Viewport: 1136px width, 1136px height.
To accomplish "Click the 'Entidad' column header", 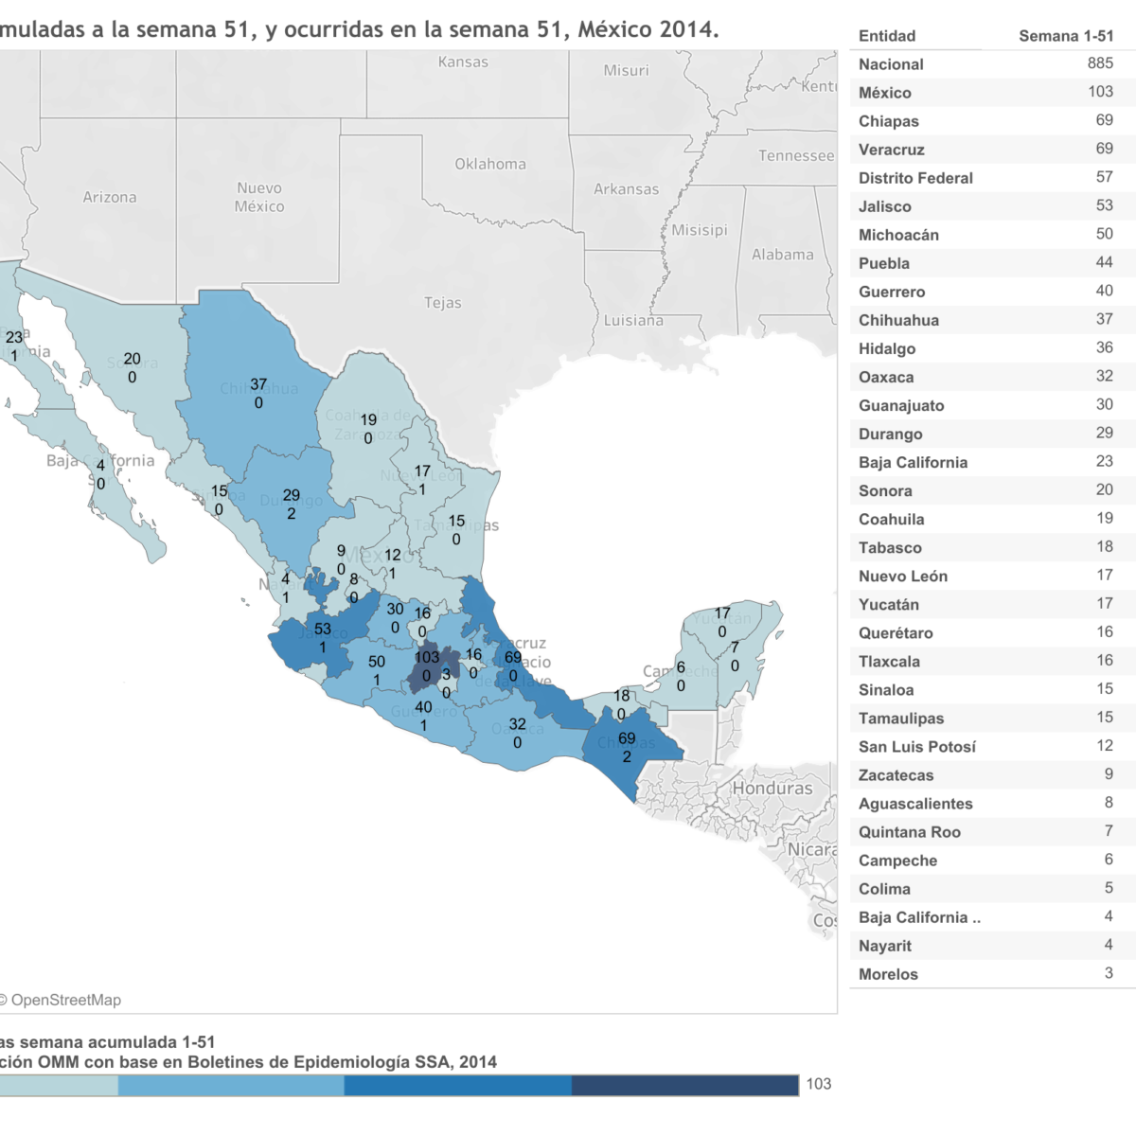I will [886, 36].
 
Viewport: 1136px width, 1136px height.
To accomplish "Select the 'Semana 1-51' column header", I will [1065, 36].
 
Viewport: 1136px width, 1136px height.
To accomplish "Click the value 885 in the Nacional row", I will [1099, 63].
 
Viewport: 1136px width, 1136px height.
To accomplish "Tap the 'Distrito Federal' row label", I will [914, 178].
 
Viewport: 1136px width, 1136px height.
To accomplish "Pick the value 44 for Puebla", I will [1104, 262].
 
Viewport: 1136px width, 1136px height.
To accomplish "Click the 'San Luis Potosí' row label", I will [916, 747].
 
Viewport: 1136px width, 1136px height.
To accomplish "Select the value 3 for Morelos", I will [1108, 973].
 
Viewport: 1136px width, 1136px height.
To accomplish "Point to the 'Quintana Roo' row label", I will [909, 832].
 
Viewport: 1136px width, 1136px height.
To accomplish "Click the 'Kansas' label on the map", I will [463, 62].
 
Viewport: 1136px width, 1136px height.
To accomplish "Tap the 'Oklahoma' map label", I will [489, 164].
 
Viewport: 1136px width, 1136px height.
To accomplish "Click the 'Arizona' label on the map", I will [109, 197].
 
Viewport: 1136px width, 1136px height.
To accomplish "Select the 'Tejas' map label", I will [442, 303].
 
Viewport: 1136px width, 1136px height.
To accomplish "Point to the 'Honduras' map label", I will [772, 788].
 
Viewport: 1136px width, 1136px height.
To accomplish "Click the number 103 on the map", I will [427, 657].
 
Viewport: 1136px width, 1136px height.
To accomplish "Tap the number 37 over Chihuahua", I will [258, 384].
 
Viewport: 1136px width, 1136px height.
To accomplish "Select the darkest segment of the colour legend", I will [684, 1085].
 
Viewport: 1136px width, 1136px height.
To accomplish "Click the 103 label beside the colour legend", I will [818, 1084].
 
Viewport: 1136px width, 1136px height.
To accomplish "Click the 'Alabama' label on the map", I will [782, 255].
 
